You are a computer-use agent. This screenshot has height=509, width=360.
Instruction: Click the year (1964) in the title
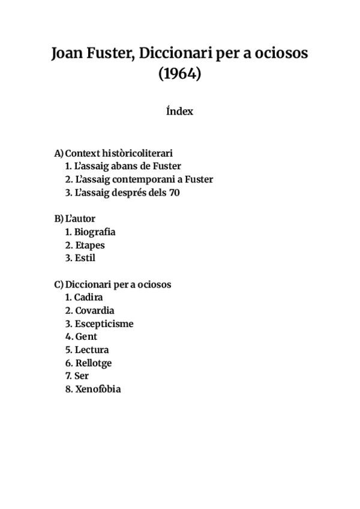point(179,74)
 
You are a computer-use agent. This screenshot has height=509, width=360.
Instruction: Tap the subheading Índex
point(179,112)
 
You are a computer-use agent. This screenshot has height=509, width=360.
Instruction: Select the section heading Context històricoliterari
point(119,153)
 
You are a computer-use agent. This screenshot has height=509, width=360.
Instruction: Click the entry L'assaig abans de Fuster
point(128,166)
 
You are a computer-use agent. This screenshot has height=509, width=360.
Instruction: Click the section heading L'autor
point(80,219)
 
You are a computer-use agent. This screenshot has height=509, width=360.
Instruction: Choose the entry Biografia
point(95,232)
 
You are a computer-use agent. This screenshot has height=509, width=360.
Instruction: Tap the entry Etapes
point(90,245)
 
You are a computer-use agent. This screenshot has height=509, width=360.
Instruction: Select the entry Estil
point(85,259)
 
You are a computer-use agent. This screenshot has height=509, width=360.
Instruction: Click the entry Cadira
point(89,298)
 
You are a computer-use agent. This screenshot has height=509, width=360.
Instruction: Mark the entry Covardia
point(94,311)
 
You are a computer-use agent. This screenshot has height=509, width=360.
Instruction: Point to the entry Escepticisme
point(104,324)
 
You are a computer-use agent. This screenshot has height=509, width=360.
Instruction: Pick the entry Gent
point(86,337)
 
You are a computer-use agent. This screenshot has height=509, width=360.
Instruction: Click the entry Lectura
point(92,350)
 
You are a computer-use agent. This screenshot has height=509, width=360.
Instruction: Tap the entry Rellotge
point(93,363)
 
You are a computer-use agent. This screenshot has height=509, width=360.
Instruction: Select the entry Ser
point(82,376)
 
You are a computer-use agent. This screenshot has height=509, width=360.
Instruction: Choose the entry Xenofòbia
point(98,390)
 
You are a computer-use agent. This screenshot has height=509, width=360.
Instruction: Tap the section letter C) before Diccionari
point(59,285)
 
